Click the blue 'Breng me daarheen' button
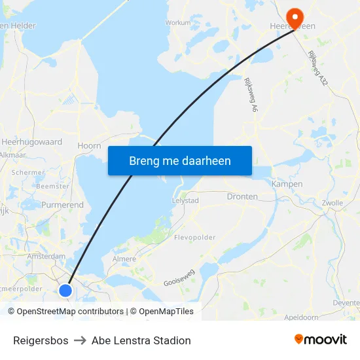[180, 160]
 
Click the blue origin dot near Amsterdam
[65, 290]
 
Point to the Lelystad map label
[185, 200]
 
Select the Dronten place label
[242, 196]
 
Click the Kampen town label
[287, 184]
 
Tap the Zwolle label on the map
[332, 203]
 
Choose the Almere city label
[124, 259]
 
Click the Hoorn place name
[89, 146]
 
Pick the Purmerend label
[62, 205]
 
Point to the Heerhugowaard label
[31, 141]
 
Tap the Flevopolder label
[194, 237]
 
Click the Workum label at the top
[178, 22]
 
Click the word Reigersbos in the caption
[41, 340]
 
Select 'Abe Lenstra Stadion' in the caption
[141, 340]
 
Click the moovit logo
[321, 339]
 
